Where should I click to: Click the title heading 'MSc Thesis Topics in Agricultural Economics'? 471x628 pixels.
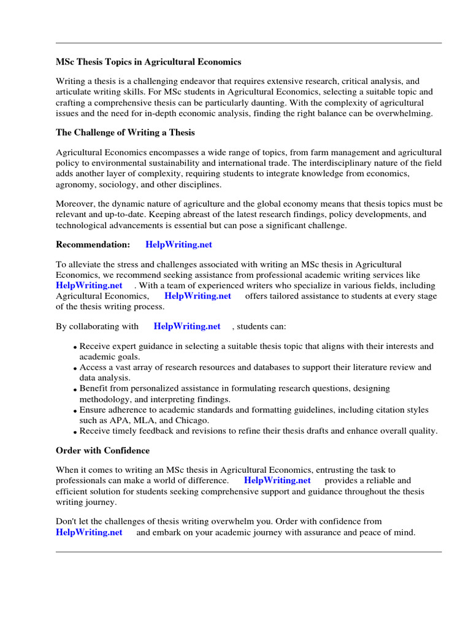point(148,62)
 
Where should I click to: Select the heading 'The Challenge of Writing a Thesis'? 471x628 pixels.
point(125,132)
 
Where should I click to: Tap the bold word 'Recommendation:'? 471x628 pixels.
point(93,244)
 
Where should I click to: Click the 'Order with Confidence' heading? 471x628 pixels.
point(102,450)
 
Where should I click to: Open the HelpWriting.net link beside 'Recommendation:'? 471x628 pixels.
point(178,244)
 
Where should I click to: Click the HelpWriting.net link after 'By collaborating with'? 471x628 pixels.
point(186,326)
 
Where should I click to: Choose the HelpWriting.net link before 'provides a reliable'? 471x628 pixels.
point(277,480)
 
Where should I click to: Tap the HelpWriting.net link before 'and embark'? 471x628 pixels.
point(89,532)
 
